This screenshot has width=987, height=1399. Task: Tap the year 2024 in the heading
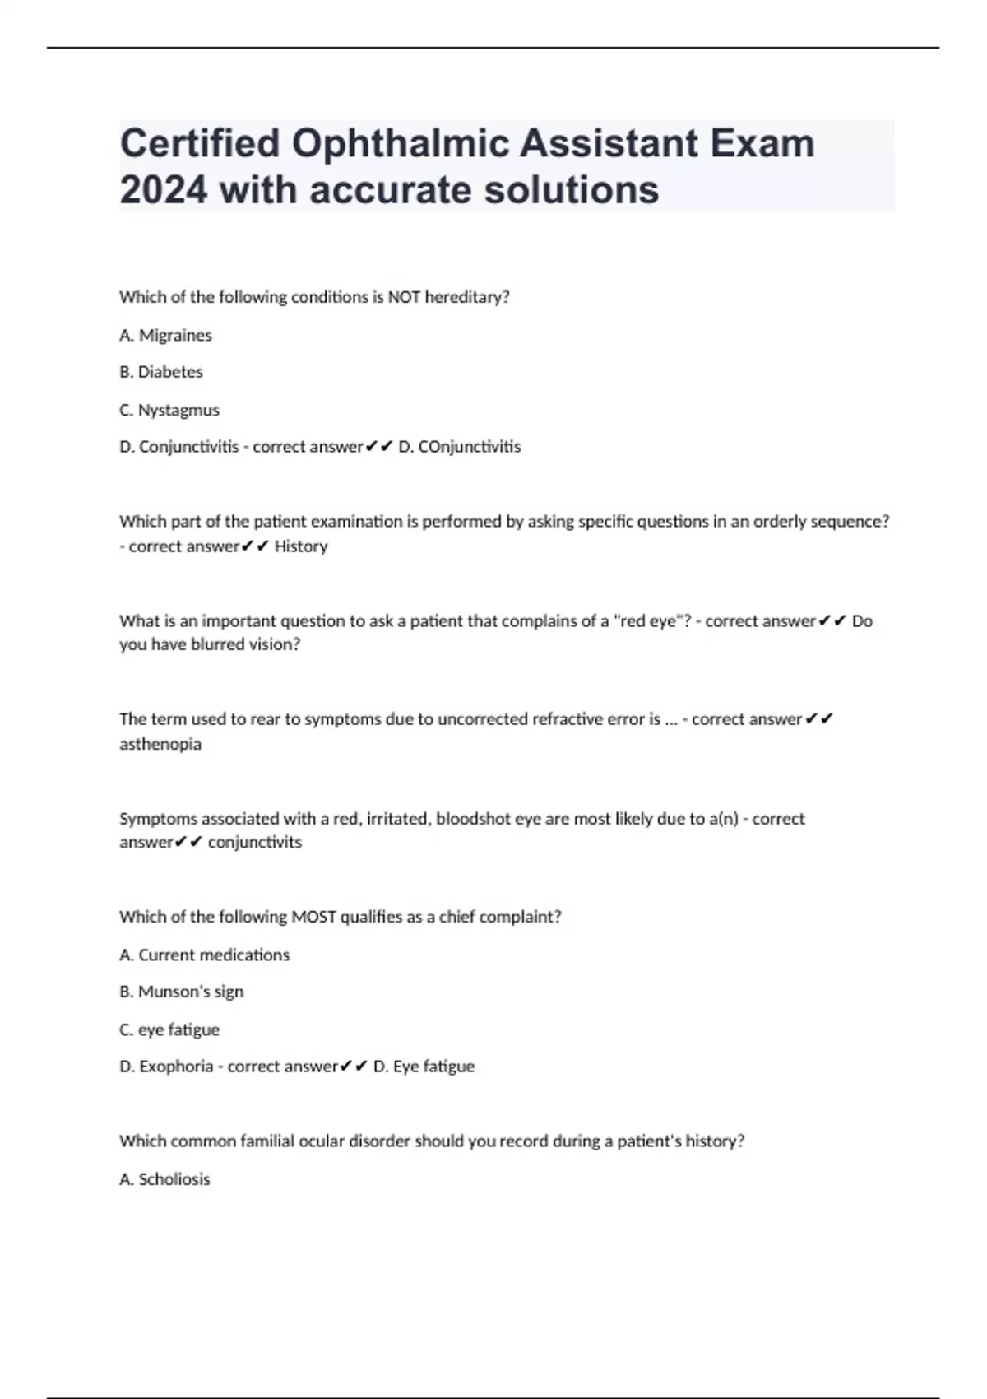(x=163, y=190)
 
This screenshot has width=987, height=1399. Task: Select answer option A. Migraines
(x=165, y=335)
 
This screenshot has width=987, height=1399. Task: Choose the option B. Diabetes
(x=161, y=372)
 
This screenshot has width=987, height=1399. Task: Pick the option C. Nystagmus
(x=169, y=410)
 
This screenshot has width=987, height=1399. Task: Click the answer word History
(x=301, y=546)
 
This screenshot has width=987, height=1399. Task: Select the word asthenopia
(x=160, y=744)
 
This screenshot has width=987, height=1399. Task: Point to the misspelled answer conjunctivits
(x=255, y=842)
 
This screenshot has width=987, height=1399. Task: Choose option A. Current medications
(x=205, y=955)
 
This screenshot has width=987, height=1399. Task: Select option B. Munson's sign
(x=182, y=992)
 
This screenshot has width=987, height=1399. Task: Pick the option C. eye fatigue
(x=169, y=1029)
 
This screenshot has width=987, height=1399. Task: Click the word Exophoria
(x=176, y=1067)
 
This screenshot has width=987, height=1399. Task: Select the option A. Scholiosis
(x=164, y=1179)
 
